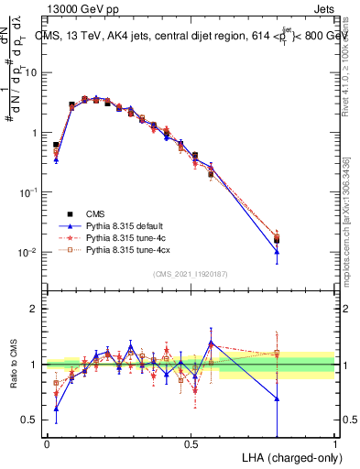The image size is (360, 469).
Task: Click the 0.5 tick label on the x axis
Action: click(191, 444)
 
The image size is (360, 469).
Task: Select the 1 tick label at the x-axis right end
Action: click(334, 444)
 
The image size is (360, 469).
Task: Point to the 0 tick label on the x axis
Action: click(47, 444)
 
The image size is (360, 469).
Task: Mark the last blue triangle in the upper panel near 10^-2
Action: click(277, 251)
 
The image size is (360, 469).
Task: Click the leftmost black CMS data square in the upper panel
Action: click(56, 145)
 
